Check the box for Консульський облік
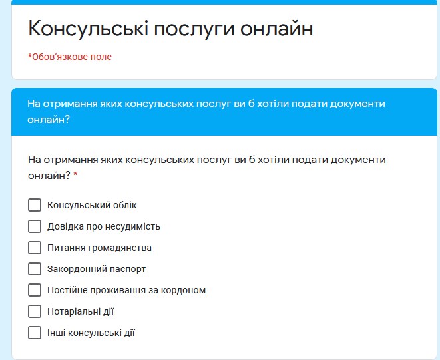point(35,205)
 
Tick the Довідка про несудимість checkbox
point(35,226)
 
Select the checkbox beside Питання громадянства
point(35,248)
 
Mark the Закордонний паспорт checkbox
point(35,269)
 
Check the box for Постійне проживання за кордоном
point(35,290)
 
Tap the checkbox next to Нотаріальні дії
point(35,311)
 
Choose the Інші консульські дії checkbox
point(35,333)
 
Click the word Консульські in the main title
point(88,29)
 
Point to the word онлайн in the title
point(277,29)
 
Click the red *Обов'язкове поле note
point(70,57)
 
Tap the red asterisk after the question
point(75,174)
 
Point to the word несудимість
point(132,226)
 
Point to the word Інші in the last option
point(57,333)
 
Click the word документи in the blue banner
point(357,104)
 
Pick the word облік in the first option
point(125,205)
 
